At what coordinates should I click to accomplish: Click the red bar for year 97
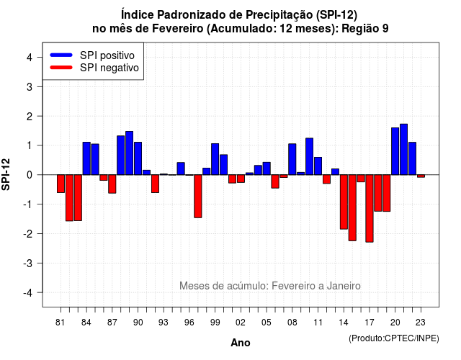point(198,196)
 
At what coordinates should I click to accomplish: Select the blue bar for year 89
point(130,153)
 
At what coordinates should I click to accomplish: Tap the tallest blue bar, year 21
point(403,149)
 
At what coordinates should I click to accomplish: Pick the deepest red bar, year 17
point(370,208)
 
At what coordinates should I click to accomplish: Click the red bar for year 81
point(61,184)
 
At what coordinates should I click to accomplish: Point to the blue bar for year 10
point(309,156)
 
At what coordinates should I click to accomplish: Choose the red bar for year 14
point(344,202)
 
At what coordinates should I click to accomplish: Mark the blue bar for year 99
point(215,159)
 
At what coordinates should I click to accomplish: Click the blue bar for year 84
point(86,158)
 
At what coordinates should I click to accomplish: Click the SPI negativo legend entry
point(94,68)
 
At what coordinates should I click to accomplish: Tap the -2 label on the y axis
point(28,233)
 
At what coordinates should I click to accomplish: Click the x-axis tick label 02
point(241,323)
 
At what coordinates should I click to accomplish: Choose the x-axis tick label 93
point(164,323)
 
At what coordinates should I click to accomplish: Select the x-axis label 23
point(421,323)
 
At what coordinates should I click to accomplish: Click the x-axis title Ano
point(241,343)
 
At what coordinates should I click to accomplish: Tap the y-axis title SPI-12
point(6,174)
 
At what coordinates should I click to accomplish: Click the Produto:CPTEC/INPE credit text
point(394,338)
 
